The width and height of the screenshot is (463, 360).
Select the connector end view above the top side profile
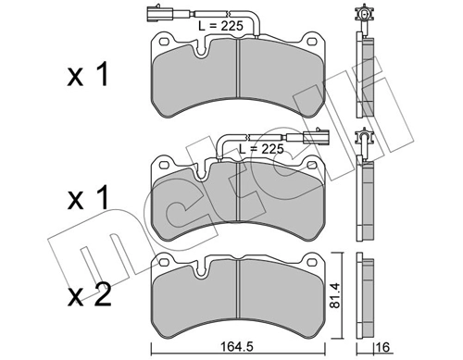(x=365, y=16)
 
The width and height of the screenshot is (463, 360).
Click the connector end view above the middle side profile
(x=365, y=142)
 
